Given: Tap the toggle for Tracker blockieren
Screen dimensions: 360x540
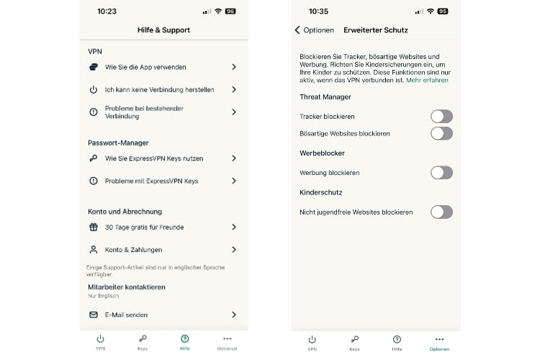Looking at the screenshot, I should coord(441,117).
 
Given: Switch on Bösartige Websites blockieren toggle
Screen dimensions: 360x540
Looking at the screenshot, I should coord(441,133).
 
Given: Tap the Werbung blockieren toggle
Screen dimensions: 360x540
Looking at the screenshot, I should coord(441,173).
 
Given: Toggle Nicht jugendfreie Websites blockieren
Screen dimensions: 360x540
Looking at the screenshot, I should coord(441,212).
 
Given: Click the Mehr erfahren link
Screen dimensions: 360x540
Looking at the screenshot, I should coord(427,81).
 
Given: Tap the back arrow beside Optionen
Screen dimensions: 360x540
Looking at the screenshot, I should coord(297,30).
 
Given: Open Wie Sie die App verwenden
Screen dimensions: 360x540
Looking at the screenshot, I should coord(145,67).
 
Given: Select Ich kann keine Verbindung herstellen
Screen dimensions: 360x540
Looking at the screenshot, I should coord(159,90).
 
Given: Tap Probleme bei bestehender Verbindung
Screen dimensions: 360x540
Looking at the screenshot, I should coord(144,112).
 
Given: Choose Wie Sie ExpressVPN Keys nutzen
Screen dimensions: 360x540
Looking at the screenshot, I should coord(154,158).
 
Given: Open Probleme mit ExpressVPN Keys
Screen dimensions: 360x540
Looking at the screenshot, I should coord(151,181).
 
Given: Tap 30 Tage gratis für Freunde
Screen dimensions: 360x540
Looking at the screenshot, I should coord(144,227).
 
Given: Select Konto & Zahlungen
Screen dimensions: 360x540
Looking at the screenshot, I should coord(133,250).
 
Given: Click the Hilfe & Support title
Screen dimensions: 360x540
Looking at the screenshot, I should coord(163,30).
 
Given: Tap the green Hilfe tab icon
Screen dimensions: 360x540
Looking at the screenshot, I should coord(185,338).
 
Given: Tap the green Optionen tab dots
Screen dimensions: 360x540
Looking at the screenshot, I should coord(439,338).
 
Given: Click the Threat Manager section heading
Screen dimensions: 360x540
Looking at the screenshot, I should coord(325,96).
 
